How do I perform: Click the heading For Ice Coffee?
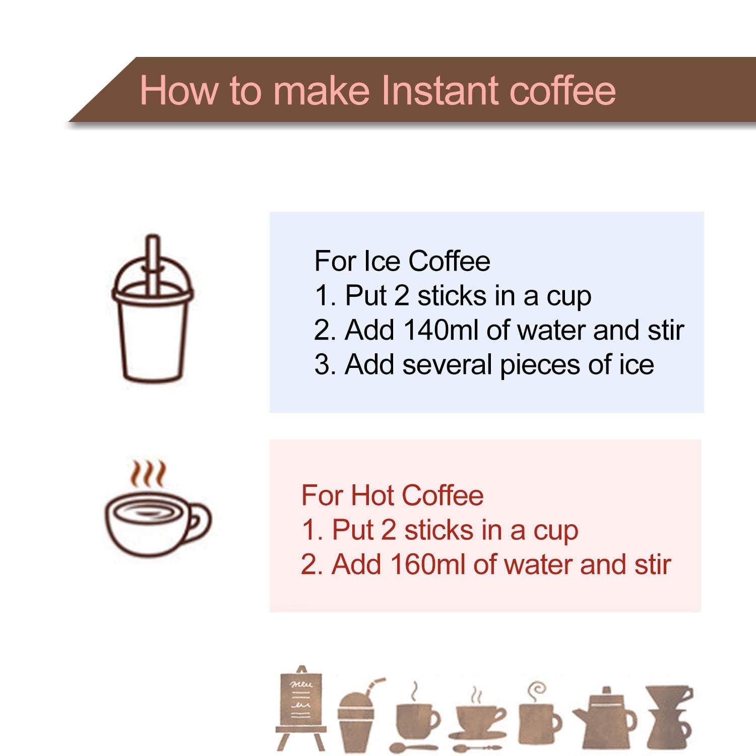click(402, 261)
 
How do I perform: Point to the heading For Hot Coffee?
click(392, 495)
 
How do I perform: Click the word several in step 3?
click(448, 364)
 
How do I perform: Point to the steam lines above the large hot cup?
click(148, 473)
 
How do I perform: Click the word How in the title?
click(179, 91)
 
